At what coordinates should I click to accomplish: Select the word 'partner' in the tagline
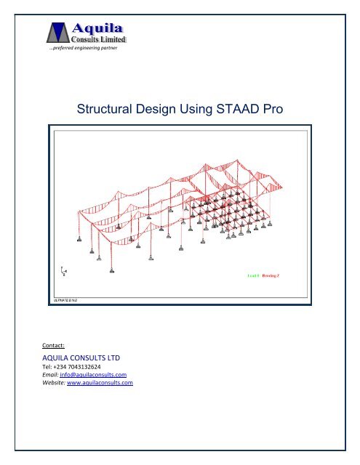point(106,49)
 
